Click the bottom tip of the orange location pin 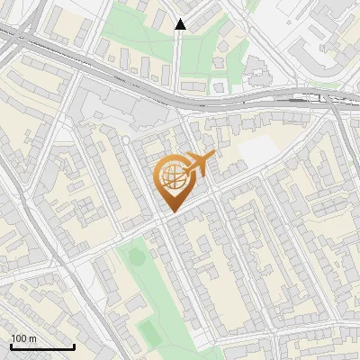(x=171, y=212)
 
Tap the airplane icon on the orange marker (x=200, y=165)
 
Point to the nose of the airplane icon (x=215, y=156)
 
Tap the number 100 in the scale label (x=19, y=338)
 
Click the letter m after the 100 (x=31, y=338)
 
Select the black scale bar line (x=42, y=346)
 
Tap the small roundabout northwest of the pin (x=127, y=141)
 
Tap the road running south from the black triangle (x=178, y=63)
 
